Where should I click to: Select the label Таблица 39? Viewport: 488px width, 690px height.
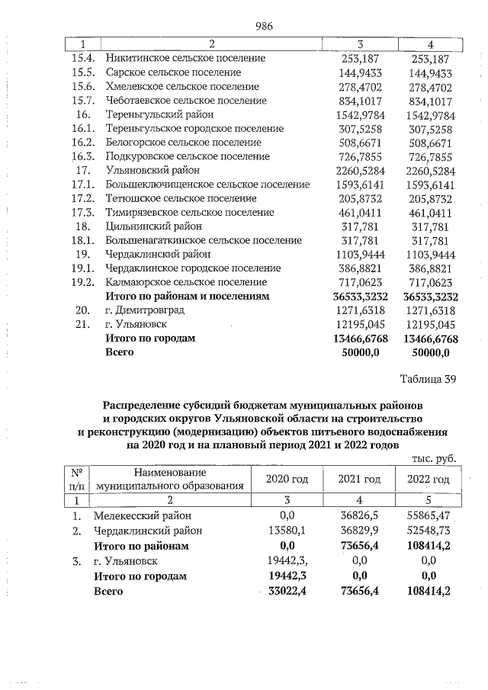(427, 381)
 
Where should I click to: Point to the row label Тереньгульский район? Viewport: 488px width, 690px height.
(155, 114)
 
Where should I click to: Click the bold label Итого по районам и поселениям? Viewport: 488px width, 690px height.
(187, 297)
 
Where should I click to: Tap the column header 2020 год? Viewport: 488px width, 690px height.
(287, 479)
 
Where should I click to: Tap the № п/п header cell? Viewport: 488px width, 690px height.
(77, 479)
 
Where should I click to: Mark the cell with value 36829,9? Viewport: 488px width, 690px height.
(359, 531)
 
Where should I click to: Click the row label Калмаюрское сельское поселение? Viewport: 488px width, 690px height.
(186, 282)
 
